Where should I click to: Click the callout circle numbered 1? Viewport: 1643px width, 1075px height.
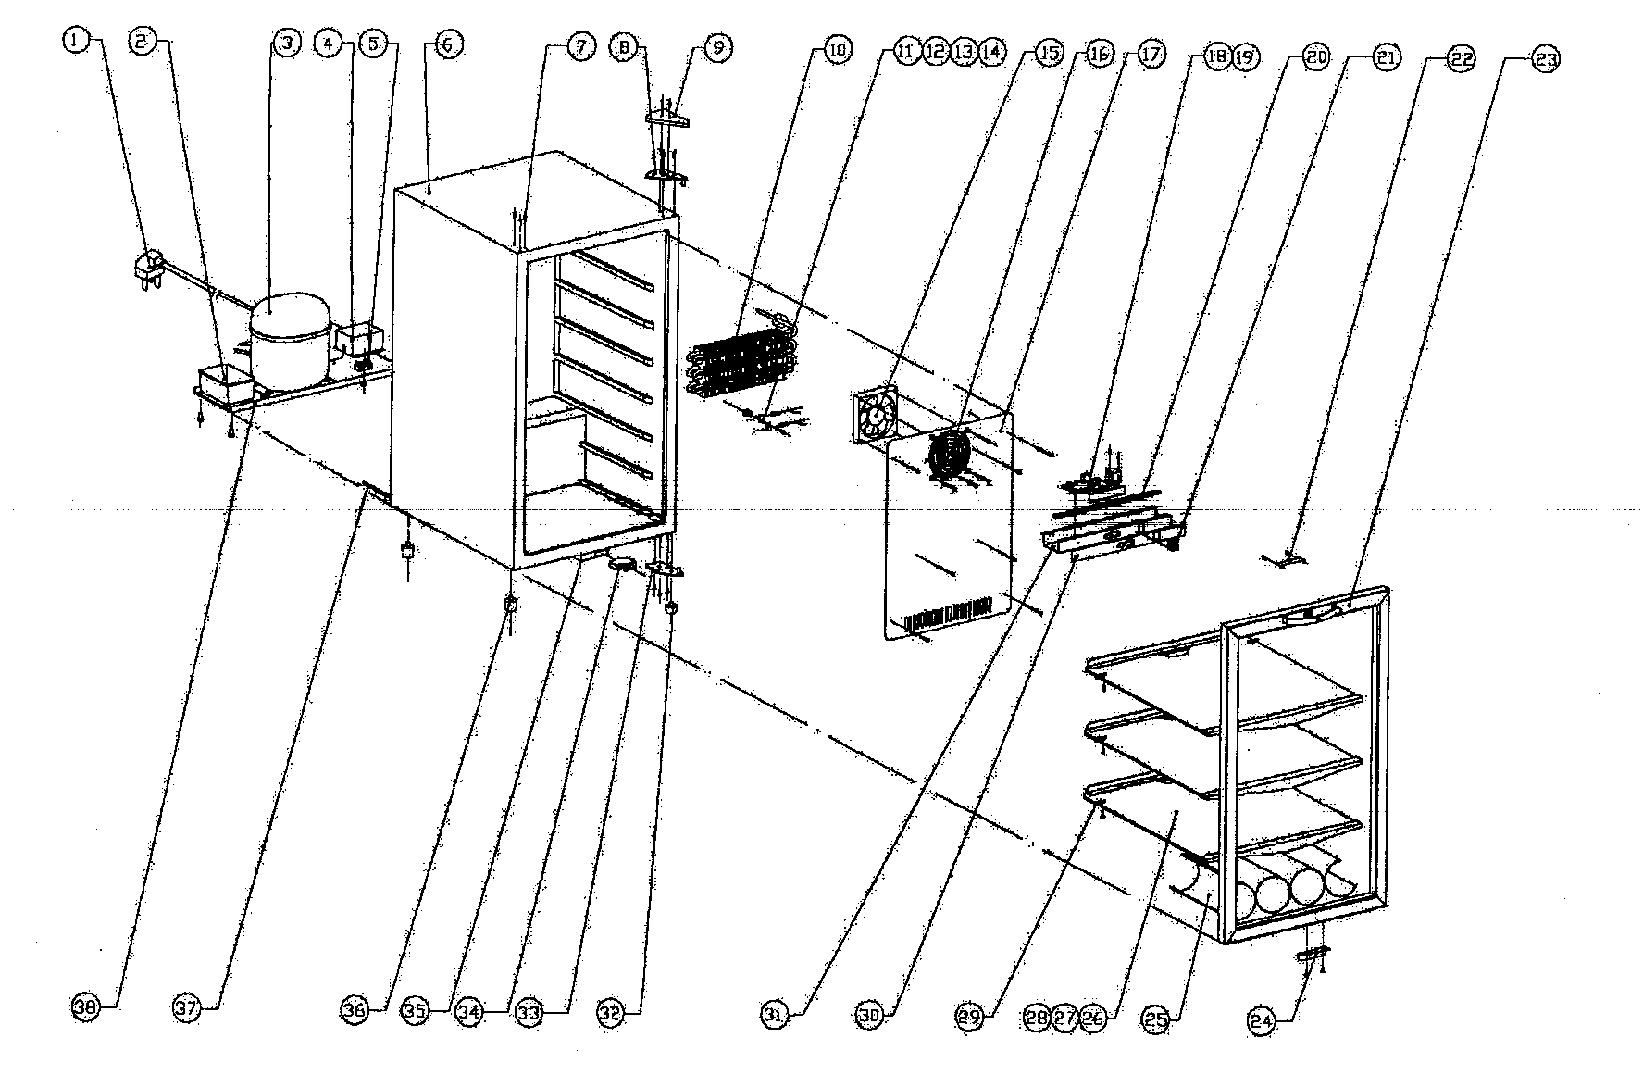(x=75, y=41)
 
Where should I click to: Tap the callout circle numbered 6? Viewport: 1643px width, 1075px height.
(x=447, y=44)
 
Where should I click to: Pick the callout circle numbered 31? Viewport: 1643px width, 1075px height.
(x=776, y=1015)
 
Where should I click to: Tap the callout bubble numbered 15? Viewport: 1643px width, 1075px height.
(x=1048, y=54)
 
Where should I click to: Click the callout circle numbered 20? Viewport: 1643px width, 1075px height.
(x=1316, y=58)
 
